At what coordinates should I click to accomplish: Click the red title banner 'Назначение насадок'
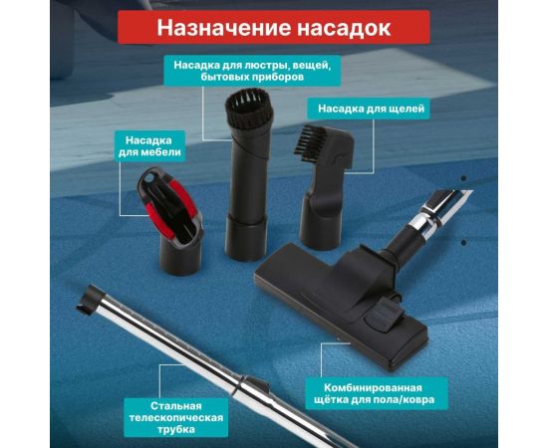(274, 27)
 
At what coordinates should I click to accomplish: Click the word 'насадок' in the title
(339, 27)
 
